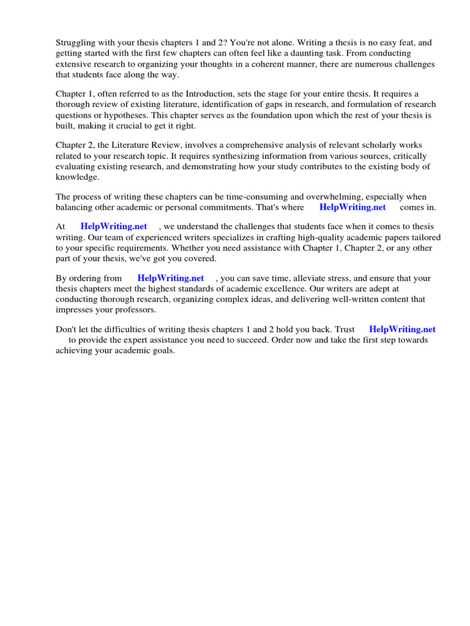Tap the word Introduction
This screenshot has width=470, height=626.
[186, 94]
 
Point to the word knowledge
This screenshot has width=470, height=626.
[76, 177]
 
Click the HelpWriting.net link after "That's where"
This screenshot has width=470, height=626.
[352, 207]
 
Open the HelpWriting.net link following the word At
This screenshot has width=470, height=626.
[114, 227]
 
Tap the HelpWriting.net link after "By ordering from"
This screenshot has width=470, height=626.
[170, 278]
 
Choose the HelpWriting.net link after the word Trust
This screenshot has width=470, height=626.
[402, 330]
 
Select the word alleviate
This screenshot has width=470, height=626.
[299, 278]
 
